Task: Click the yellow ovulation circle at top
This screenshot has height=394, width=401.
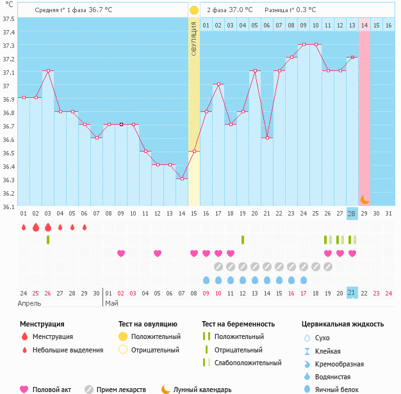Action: coord(193,10)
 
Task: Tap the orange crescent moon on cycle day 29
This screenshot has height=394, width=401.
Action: coord(364,199)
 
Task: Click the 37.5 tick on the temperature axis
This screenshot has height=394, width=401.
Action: coord(9,19)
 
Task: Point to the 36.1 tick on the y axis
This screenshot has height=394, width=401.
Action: coord(9,207)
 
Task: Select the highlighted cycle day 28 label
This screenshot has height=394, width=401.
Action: coord(352,213)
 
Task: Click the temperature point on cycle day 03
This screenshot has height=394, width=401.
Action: coord(47,70)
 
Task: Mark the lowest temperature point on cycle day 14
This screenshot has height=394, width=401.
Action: coord(181,178)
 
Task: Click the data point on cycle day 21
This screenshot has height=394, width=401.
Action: coord(266,138)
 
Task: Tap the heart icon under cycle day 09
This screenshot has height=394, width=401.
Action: coord(120,253)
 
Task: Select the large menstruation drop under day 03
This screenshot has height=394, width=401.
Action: coord(47,227)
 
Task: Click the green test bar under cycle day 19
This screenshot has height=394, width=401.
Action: coord(243,240)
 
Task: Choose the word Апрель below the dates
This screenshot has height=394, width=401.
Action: coord(29,303)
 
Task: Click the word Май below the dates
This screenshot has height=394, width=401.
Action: coord(111,303)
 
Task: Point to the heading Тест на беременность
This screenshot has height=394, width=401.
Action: coord(238,324)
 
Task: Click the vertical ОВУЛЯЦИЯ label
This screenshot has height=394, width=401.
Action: coord(193,38)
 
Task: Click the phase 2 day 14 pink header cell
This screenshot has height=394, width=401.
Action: coord(364,25)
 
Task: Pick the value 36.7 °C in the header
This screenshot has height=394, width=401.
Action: coord(100,10)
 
